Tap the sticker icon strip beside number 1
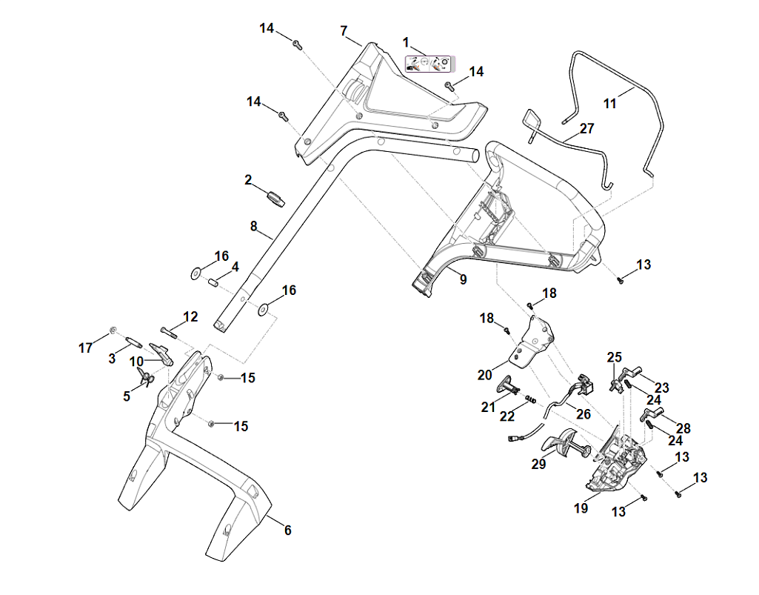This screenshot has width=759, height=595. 429,64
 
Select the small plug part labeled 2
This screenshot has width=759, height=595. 276,198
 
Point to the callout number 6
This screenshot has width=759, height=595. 287,531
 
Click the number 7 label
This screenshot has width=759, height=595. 344,31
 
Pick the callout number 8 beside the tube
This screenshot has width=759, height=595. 253,227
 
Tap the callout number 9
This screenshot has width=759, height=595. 463,279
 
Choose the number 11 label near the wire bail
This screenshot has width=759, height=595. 609,104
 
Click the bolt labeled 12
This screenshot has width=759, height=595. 168,330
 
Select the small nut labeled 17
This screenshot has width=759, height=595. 113,329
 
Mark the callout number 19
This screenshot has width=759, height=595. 581,508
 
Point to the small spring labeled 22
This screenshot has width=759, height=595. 530,399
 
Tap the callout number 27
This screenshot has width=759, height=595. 586,128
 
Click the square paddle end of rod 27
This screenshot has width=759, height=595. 533,119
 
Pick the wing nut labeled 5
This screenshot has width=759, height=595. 146,379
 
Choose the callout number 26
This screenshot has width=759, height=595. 584,414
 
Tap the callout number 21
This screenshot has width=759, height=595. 487,407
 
